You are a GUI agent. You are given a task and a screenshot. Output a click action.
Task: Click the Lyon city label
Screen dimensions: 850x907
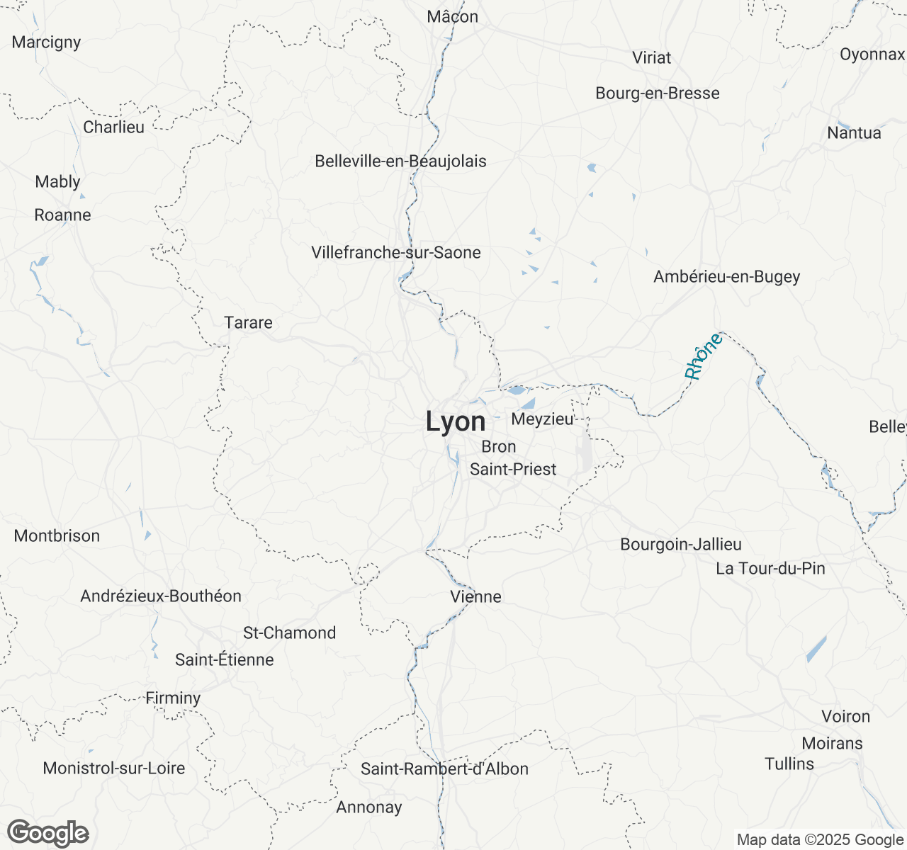click(x=456, y=422)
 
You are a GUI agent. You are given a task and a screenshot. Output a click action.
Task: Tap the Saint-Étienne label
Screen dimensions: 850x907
click(x=225, y=660)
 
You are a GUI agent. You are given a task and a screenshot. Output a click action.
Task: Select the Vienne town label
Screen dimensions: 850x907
click(x=475, y=597)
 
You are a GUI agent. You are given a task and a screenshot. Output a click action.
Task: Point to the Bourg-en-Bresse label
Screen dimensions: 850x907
click(x=657, y=93)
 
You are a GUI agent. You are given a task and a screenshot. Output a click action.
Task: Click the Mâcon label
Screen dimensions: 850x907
click(x=452, y=17)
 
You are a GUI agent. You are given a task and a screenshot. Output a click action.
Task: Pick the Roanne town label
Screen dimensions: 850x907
click(x=62, y=215)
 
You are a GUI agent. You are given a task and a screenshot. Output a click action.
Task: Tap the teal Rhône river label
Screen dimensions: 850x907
click(x=703, y=356)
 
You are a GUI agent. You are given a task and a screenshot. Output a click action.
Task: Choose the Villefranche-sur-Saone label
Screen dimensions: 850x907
click(x=395, y=253)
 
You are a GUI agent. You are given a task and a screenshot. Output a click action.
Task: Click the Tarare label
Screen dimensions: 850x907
click(x=248, y=323)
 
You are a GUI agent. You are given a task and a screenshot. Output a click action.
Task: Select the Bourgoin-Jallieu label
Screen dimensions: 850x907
click(x=680, y=545)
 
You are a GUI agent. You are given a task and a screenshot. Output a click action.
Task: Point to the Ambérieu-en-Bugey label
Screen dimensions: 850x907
click(x=726, y=277)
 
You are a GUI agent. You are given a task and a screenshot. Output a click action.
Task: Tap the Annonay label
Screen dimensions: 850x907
click(x=368, y=807)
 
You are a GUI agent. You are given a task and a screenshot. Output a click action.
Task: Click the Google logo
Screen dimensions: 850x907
click(x=47, y=834)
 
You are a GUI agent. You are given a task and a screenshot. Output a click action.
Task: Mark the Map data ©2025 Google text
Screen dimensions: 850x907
click(x=820, y=840)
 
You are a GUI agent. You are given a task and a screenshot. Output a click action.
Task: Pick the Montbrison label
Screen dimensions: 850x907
click(x=57, y=536)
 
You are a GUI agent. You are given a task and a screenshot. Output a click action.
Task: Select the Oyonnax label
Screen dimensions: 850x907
click(x=872, y=55)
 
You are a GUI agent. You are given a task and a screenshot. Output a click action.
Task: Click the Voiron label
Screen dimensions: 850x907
click(x=845, y=717)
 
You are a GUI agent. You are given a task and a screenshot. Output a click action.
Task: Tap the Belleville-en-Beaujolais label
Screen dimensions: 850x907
click(x=400, y=161)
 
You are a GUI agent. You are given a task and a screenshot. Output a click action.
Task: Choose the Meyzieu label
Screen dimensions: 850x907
click(x=542, y=419)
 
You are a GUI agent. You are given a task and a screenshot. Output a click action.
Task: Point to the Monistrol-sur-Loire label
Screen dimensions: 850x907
click(x=113, y=769)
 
